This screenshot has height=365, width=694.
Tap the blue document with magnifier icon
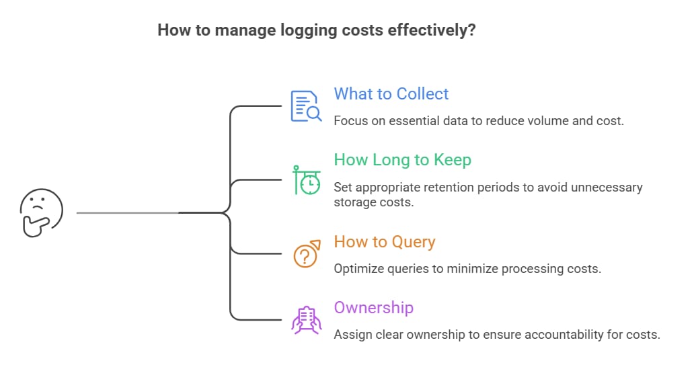click(x=306, y=106)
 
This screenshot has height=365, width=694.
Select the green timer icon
click(x=306, y=179)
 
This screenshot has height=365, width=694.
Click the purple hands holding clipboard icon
click(x=306, y=320)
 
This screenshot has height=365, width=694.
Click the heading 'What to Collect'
click(x=391, y=93)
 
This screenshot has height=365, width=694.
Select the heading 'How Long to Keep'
click(x=402, y=160)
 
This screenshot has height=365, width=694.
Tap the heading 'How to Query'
click(x=385, y=241)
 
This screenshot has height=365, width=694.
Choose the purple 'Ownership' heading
click(x=373, y=308)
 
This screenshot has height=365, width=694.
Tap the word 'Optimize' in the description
click(x=357, y=268)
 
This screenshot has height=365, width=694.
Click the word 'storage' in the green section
click(x=352, y=202)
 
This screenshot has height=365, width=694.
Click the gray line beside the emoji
click(x=128, y=212)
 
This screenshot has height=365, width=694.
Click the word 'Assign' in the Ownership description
click(x=352, y=334)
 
